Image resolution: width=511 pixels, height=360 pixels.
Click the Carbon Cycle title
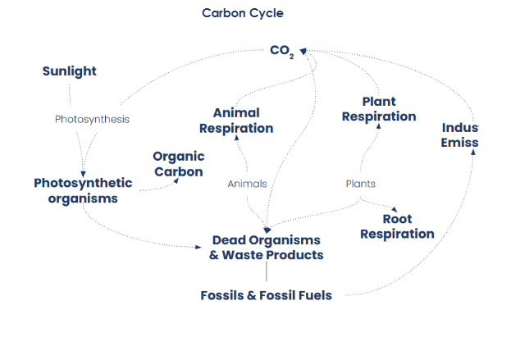(243, 13)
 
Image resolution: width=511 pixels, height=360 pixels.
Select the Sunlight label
(70, 71)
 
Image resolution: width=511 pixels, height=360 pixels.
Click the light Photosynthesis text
(92, 119)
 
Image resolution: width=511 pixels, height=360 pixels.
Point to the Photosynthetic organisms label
(82, 190)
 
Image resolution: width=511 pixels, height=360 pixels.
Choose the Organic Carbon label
(179, 163)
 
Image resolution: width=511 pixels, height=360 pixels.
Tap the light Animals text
(247, 184)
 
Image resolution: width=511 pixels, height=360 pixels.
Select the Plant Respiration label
(379, 109)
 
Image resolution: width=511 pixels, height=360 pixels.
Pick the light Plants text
(360, 184)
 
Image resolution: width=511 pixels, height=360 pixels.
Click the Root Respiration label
(397, 226)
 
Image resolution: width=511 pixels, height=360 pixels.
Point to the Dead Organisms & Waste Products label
(266, 247)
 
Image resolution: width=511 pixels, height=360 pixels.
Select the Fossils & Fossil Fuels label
(266, 295)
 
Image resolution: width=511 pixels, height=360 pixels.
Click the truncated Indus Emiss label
(459, 135)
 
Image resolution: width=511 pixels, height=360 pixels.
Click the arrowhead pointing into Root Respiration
(396, 210)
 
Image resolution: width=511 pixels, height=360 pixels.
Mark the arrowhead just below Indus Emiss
(472, 151)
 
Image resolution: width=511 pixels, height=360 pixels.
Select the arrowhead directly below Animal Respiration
(236, 139)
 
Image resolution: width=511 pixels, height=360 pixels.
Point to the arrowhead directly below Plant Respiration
(378, 128)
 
